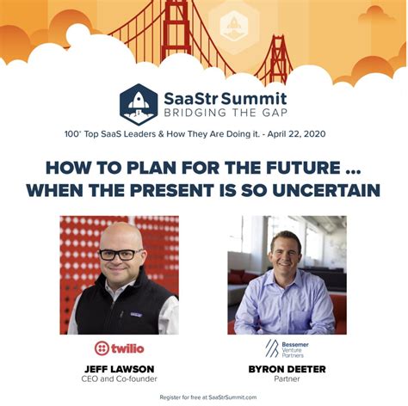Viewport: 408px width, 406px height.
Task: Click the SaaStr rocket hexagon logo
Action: tap(139, 104)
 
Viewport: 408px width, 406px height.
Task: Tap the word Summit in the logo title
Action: tap(254, 98)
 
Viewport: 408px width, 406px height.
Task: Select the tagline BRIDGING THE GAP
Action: tap(226, 113)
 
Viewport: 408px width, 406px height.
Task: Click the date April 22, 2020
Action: tap(296, 134)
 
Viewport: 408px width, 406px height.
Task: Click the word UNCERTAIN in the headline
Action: tap(326, 190)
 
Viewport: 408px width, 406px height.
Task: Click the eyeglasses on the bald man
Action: tap(121, 255)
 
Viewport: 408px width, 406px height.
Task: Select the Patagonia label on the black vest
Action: tap(136, 315)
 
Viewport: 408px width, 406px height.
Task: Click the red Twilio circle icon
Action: tap(102, 348)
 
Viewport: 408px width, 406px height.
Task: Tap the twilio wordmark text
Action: tap(127, 348)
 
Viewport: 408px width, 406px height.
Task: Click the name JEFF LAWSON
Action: tap(120, 369)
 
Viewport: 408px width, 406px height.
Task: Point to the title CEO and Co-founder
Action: tap(120, 378)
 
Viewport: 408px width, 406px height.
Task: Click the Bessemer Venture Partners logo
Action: tap(287, 348)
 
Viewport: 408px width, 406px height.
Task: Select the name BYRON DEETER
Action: tap(287, 369)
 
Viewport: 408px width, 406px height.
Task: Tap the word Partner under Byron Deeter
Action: tap(287, 378)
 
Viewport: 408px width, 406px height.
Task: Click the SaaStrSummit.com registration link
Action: tap(232, 397)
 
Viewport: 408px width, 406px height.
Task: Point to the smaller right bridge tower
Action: tap(278, 59)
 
